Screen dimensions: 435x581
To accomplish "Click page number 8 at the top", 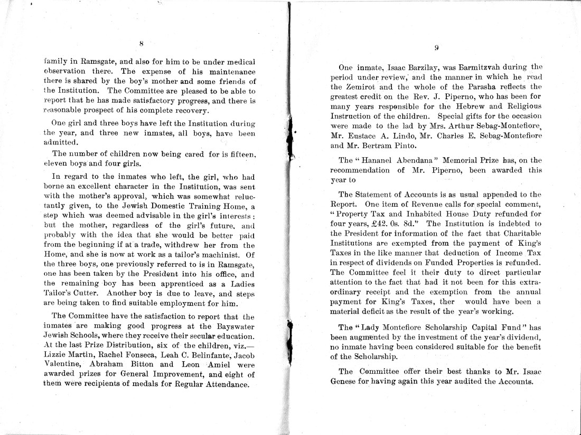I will point(142,44).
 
